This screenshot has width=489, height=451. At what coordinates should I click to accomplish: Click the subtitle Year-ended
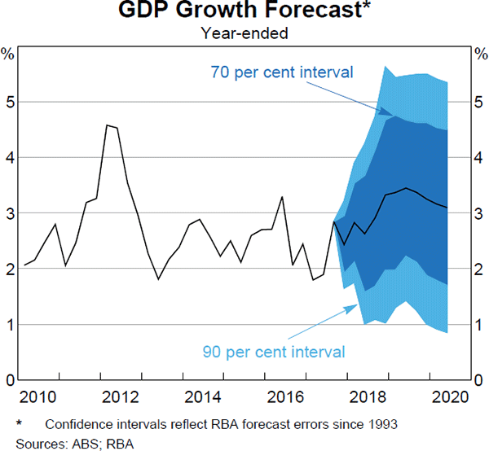click(x=244, y=33)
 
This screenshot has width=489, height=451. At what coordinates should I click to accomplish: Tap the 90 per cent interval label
click(x=274, y=352)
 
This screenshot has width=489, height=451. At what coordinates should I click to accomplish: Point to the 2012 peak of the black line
click(x=108, y=125)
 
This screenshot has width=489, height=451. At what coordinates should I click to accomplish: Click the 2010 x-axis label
click(x=38, y=398)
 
